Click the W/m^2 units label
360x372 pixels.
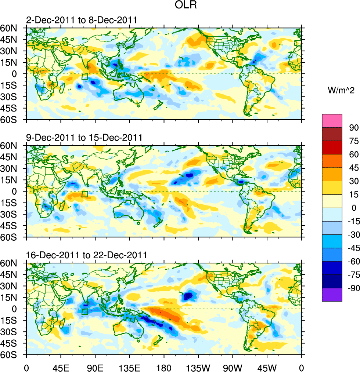(x=340, y=90)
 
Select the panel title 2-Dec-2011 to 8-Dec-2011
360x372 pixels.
(x=82, y=21)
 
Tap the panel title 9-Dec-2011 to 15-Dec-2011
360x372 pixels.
(x=84, y=138)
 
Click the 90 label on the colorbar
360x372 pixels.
(x=353, y=127)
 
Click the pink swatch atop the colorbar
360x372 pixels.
(x=332, y=121)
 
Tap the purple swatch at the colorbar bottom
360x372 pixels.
(x=332, y=295)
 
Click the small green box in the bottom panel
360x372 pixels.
(x=85, y=311)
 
